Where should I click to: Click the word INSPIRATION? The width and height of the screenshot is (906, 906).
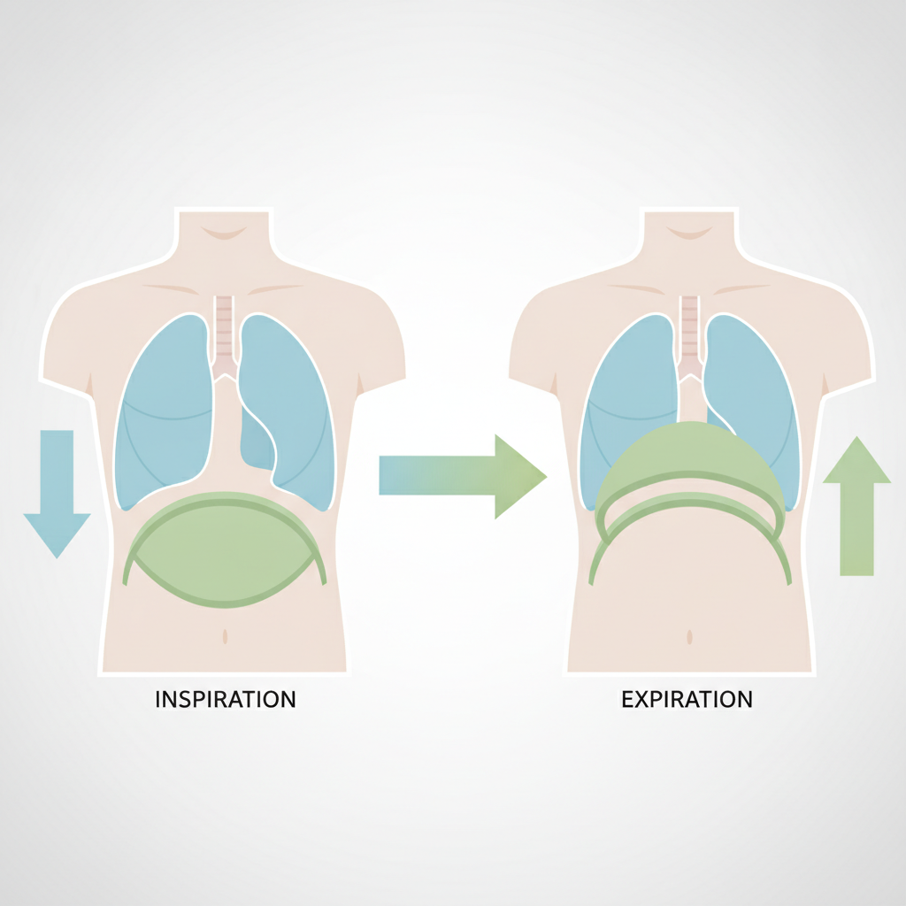point(226,699)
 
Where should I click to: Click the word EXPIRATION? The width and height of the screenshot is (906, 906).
point(687,699)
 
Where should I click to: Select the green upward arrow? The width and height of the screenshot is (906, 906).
point(856,505)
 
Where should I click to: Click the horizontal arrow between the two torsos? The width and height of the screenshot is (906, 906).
point(462,476)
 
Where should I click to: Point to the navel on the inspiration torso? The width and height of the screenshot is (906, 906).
point(226,636)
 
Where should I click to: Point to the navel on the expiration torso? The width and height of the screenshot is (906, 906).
point(690,637)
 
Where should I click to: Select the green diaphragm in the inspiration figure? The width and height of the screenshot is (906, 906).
point(224,549)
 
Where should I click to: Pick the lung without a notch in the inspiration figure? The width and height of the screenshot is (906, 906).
point(165,411)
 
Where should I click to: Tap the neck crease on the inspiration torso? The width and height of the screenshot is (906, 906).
point(224,233)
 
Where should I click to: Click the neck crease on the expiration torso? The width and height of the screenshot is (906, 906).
point(690,233)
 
